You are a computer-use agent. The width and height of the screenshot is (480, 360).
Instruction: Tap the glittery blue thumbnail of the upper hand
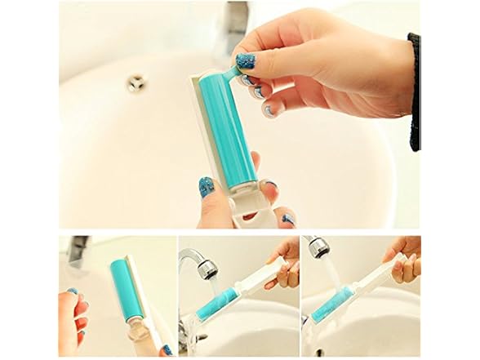point(245,61)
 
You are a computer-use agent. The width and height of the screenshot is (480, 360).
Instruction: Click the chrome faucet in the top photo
point(237,24)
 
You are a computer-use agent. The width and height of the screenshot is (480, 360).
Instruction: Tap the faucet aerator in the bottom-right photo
point(315,247)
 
